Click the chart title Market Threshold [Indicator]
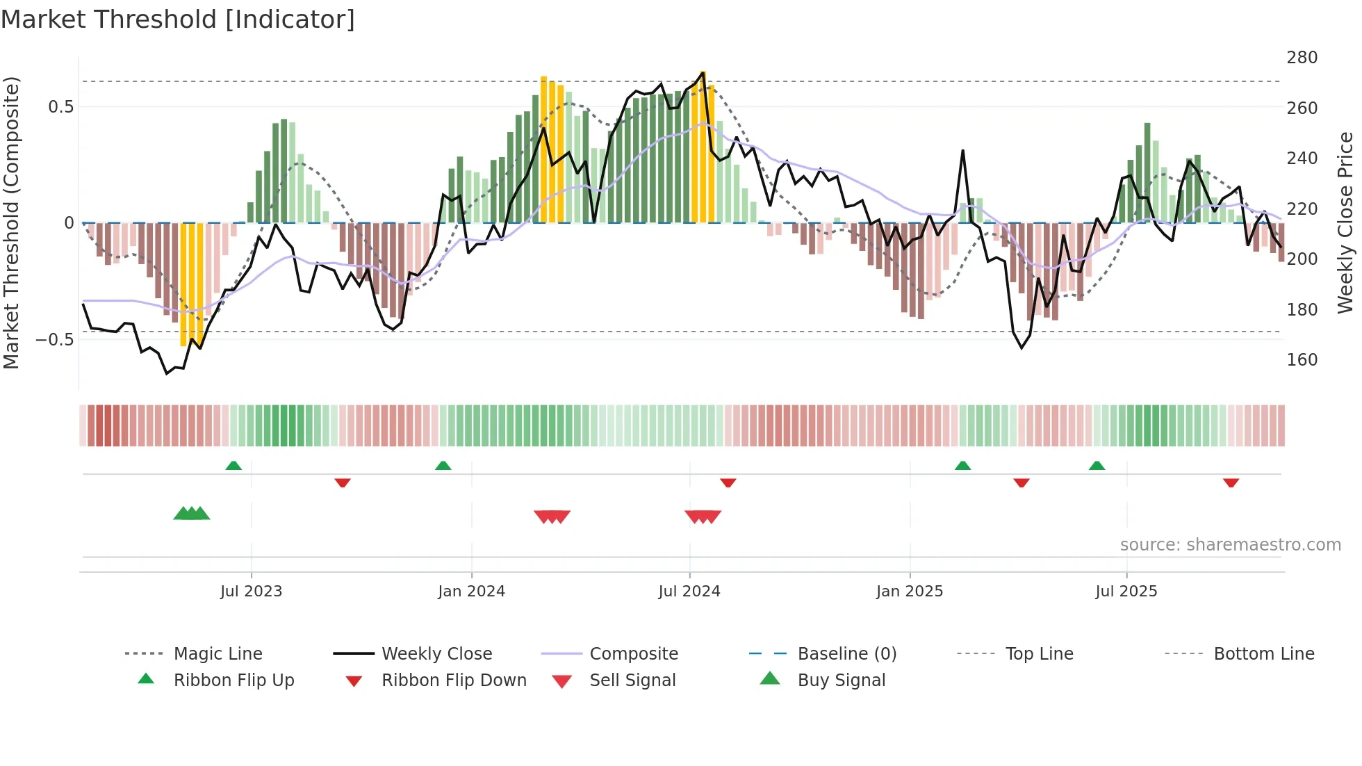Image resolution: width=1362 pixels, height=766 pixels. point(178,19)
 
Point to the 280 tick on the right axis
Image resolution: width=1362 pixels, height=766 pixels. point(1302,58)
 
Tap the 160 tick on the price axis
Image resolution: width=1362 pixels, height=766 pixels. point(1302,360)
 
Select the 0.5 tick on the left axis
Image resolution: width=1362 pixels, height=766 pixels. point(60,107)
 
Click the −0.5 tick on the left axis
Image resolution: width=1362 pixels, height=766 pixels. point(55,340)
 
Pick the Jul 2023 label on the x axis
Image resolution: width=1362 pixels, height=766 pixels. point(251,592)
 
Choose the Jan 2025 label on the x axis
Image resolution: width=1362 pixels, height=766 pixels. point(909,592)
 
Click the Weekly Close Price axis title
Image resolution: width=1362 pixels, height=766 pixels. point(1345,222)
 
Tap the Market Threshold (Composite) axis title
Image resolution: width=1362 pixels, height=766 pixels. point(11,222)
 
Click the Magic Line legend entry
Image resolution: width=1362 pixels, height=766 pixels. point(218,654)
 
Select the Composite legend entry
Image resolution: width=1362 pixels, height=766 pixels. point(633,654)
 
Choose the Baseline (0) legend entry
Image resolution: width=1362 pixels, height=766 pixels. point(846,654)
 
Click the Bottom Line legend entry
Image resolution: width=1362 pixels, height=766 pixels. point(1263,654)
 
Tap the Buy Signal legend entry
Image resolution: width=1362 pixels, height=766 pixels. point(841,681)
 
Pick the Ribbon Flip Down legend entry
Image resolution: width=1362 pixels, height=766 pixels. point(453,681)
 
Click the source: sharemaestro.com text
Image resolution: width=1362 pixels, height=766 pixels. point(1230,545)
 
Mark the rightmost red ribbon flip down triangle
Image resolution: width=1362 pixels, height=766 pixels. point(1231,482)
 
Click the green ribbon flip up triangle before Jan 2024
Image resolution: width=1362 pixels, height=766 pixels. point(443,466)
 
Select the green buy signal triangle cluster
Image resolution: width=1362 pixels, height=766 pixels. point(191,514)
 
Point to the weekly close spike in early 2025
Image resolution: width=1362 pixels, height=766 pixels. point(962,151)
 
